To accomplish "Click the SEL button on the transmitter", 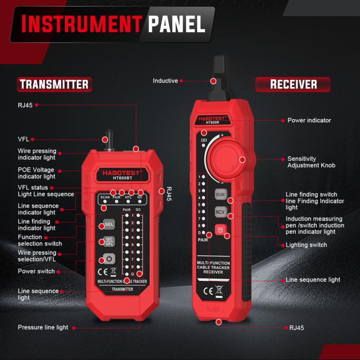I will pos(109,224).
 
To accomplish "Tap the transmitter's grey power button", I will pos(109,259).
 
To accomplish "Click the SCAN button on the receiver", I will pos(220,194).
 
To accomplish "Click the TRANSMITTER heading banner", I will pos(54,84).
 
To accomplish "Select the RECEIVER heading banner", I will pos(293,84).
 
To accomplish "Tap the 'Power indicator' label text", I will pos(309,120).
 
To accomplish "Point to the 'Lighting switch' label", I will pos(307,245).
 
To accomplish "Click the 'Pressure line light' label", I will pos(43,327).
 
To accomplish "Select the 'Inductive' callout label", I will pos(165,81).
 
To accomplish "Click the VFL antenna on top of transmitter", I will pos(109,141).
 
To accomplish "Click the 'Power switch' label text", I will pos(36,271).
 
